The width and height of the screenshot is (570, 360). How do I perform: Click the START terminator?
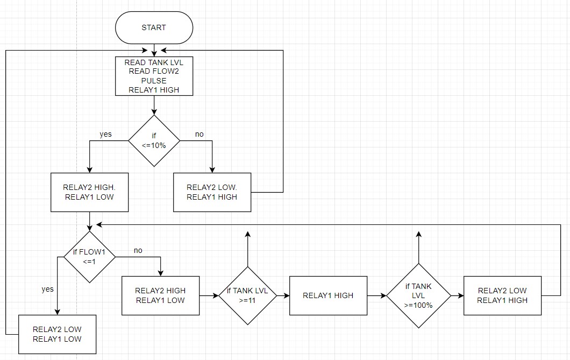pyautogui.click(x=154, y=27)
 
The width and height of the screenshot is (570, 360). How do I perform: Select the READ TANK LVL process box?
pyautogui.click(x=154, y=76)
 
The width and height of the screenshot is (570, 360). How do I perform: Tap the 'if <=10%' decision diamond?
pyautogui.click(x=154, y=141)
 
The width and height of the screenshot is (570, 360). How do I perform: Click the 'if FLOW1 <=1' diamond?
pyautogui.click(x=89, y=257)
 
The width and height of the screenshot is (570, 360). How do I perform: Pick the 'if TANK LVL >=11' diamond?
pyautogui.click(x=247, y=295)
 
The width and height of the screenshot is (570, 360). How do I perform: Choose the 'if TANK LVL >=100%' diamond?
pyautogui.click(x=418, y=295)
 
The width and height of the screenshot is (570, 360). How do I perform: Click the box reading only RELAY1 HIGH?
pyautogui.click(x=328, y=295)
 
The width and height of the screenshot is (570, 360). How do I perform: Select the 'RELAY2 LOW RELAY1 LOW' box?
pyautogui.click(x=57, y=334)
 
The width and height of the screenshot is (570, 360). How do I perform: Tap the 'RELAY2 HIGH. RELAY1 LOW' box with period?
pyautogui.click(x=89, y=192)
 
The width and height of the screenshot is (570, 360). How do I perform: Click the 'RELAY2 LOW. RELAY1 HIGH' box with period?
pyautogui.click(x=212, y=192)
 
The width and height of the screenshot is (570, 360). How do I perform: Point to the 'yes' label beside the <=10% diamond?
pyautogui.click(x=105, y=134)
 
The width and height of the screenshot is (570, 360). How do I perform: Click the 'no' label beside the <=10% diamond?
pyautogui.click(x=199, y=134)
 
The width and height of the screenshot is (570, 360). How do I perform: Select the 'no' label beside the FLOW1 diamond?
pyautogui.click(x=138, y=251)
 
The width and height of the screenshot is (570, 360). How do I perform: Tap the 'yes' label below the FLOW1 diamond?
pyautogui.click(x=48, y=289)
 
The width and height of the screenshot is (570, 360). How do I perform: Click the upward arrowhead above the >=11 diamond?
pyautogui.click(x=247, y=234)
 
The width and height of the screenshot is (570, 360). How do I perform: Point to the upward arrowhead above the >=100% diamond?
pyautogui.click(x=418, y=234)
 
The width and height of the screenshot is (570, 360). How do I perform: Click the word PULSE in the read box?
pyautogui.click(x=154, y=81)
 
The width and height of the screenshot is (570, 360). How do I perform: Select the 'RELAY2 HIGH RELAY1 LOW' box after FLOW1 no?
pyautogui.click(x=160, y=295)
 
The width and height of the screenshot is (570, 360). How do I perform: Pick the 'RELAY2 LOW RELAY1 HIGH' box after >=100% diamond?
pyautogui.click(x=502, y=295)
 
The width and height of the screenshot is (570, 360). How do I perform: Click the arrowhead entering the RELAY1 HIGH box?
pyautogui.click(x=287, y=295)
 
